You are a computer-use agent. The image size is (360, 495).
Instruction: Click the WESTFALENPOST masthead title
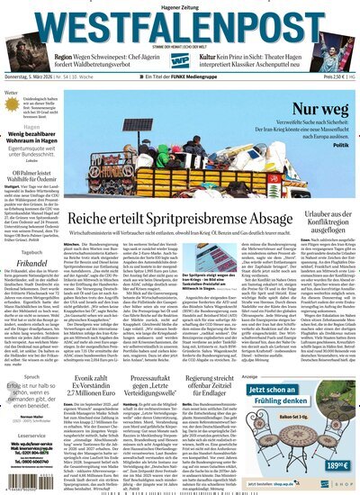pyautogui.click(x=180, y=24)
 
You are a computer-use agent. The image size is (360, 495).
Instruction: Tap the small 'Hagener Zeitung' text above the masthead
pyautogui.click(x=179, y=6)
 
